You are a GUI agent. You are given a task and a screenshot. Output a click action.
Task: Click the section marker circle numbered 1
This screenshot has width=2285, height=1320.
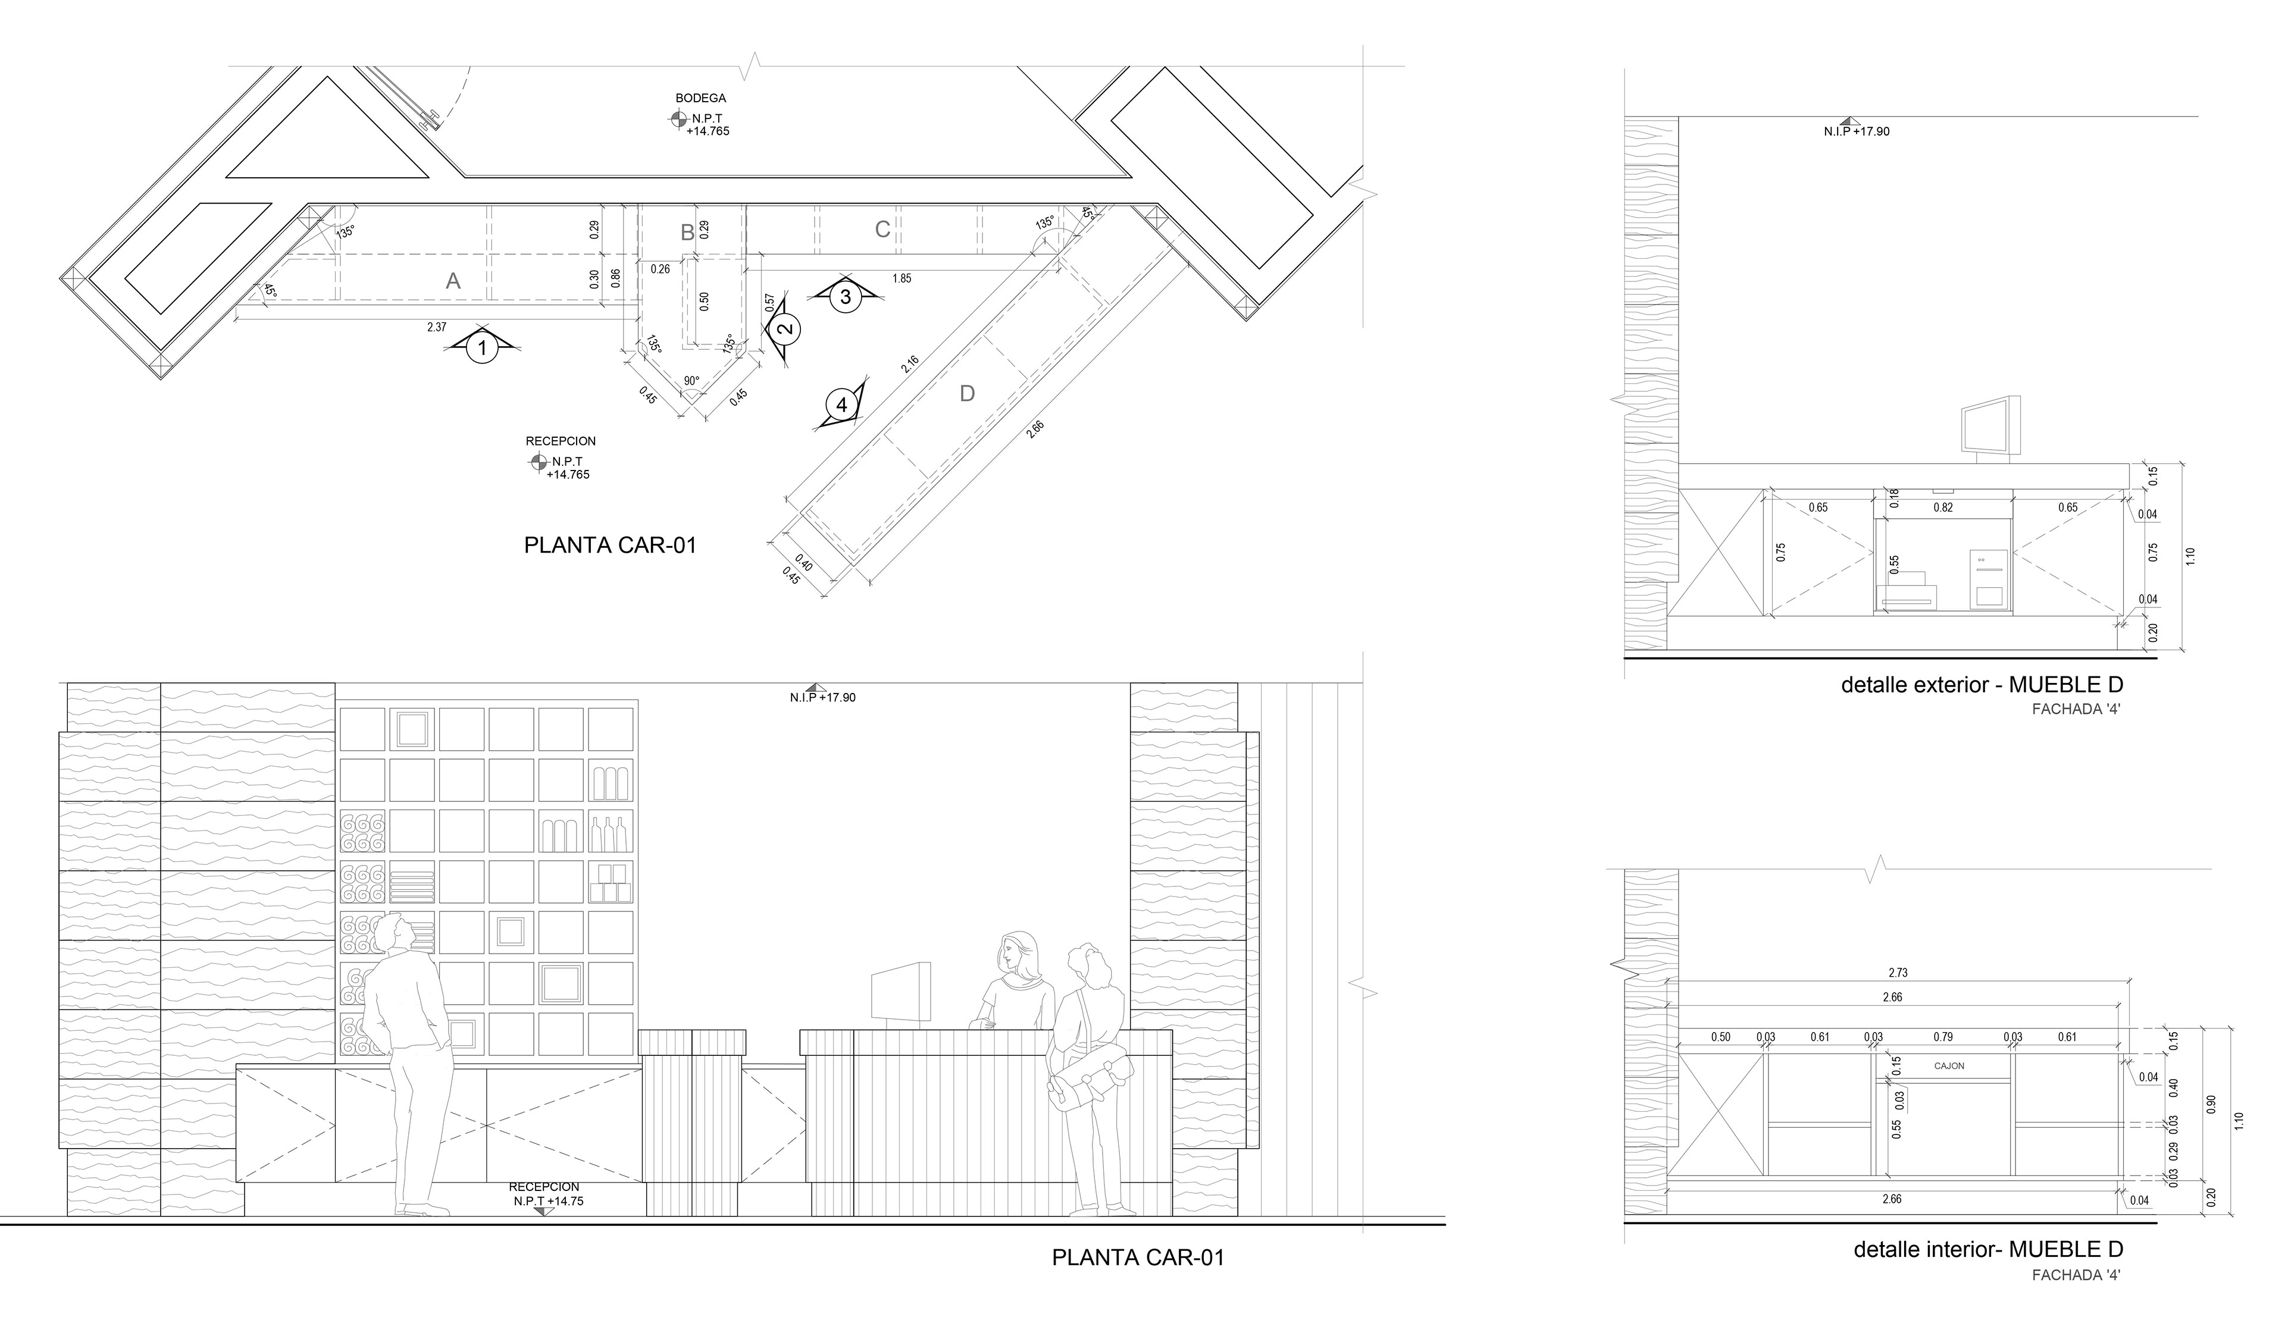tap(483, 348)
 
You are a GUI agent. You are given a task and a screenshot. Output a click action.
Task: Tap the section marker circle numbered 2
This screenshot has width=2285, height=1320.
tap(785, 329)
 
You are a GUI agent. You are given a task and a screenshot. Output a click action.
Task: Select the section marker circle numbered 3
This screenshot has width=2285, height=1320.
tap(845, 296)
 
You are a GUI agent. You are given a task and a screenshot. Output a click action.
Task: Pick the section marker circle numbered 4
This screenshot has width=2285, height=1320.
tap(841, 405)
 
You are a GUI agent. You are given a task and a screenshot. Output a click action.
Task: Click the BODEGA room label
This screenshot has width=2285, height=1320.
tap(700, 98)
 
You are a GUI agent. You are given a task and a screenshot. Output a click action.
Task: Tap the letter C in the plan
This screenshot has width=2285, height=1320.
tap(882, 230)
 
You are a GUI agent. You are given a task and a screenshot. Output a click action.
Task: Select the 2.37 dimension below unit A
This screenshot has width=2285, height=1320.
tap(437, 327)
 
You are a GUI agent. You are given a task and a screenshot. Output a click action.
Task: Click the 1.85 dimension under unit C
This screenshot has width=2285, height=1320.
tap(902, 278)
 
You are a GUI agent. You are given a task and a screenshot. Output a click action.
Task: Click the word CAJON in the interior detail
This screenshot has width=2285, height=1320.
tap(1949, 1066)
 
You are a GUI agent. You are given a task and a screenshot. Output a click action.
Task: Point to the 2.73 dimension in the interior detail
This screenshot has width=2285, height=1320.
tap(1898, 973)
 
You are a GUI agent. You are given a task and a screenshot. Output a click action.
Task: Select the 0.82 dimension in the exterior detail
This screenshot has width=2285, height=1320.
tap(1943, 507)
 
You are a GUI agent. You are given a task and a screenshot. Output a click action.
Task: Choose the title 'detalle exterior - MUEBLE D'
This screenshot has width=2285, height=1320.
tap(1982, 685)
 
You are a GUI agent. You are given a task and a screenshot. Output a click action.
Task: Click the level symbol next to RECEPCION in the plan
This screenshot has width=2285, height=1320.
tap(538, 462)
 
